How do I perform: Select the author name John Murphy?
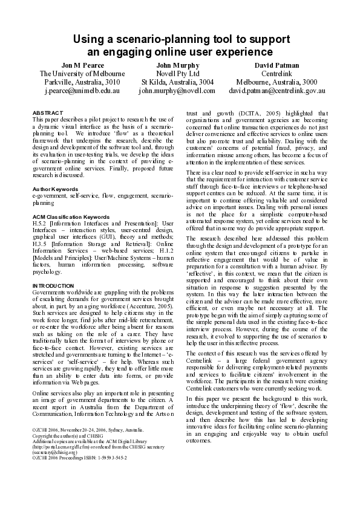(x=177, y=65)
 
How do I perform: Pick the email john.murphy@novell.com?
(x=177, y=91)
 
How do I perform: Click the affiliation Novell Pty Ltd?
(x=177, y=74)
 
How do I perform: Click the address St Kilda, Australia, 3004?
(x=177, y=82)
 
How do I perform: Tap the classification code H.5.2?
(x=41, y=223)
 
